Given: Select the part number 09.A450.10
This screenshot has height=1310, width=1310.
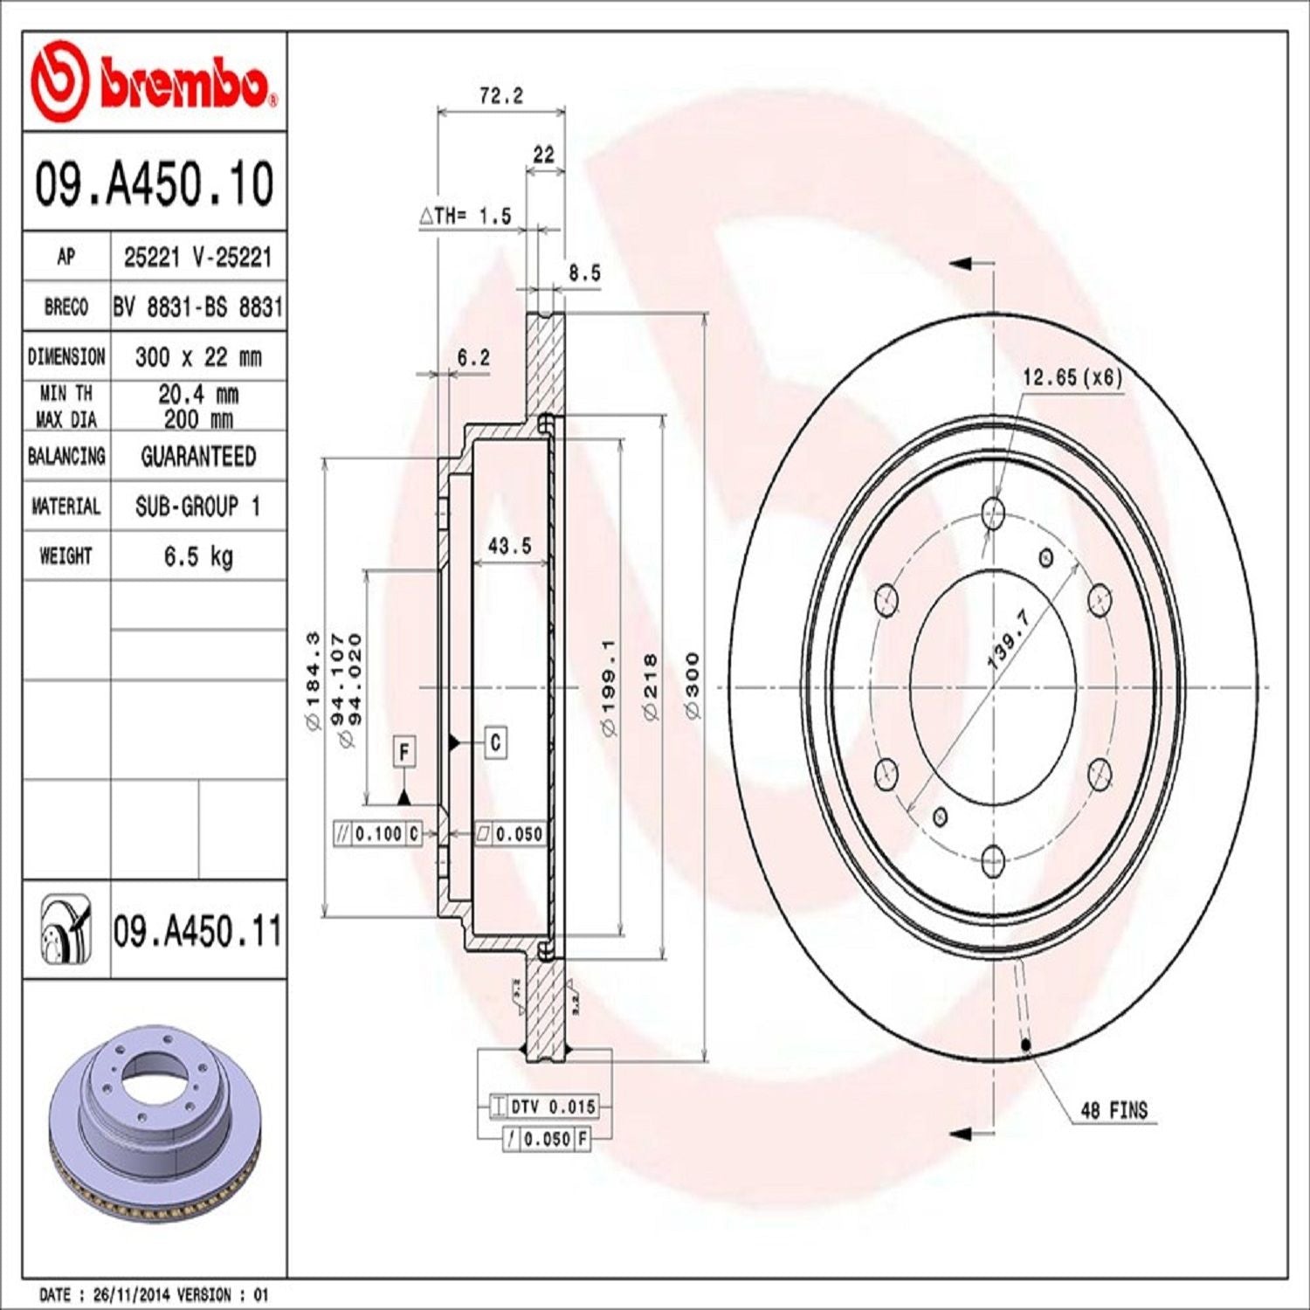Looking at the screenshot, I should [154, 184].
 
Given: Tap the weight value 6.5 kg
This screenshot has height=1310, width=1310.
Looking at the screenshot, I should [198, 556].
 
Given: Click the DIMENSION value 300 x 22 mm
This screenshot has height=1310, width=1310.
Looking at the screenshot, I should [198, 357].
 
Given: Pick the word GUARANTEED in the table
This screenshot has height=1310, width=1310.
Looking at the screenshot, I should [198, 457].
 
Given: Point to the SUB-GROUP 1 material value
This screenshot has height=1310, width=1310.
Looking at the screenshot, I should [198, 507].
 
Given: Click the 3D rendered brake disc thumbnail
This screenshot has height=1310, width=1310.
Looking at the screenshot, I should [154, 1127].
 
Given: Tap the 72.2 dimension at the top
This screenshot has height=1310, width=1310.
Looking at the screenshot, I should [501, 96].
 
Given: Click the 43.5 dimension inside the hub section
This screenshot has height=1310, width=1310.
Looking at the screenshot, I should [509, 546].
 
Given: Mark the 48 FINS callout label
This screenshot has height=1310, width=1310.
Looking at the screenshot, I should [1113, 1111].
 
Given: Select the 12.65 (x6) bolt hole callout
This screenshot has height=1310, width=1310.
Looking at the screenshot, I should [1072, 377].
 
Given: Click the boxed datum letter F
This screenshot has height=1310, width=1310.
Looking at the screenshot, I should [403, 752].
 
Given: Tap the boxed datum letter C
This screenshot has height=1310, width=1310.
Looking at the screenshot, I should [495, 742].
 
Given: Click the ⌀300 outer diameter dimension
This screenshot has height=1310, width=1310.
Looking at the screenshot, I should [692, 686].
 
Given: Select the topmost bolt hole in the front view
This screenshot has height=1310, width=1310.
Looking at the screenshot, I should [993, 512].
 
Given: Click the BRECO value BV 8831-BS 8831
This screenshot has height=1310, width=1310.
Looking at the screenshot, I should [198, 307].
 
